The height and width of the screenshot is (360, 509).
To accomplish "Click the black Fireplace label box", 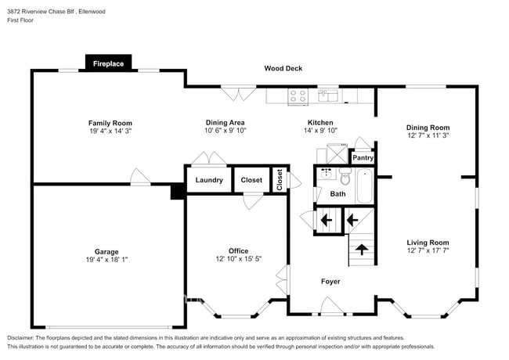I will click(109, 63).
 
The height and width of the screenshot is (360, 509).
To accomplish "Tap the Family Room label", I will click(110, 123).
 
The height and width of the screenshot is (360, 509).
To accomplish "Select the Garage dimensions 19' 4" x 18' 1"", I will click(106, 261).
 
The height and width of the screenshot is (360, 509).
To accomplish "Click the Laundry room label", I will click(209, 180).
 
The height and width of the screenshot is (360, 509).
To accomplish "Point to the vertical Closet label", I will click(280, 179).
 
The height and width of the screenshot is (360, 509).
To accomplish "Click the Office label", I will click(238, 251).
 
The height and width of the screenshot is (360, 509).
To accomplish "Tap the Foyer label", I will click(330, 281).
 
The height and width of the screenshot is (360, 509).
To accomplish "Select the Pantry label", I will click(363, 157).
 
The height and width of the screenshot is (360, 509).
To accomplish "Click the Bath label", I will click(338, 193).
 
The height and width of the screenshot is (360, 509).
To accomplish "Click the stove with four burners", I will click(298, 96).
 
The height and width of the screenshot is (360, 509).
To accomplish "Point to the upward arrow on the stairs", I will click(362, 250).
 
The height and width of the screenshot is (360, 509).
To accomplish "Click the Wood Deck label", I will click(283, 69).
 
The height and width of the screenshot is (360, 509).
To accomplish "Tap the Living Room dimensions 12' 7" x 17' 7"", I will click(428, 251).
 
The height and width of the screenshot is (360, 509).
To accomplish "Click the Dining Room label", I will click(428, 127).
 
